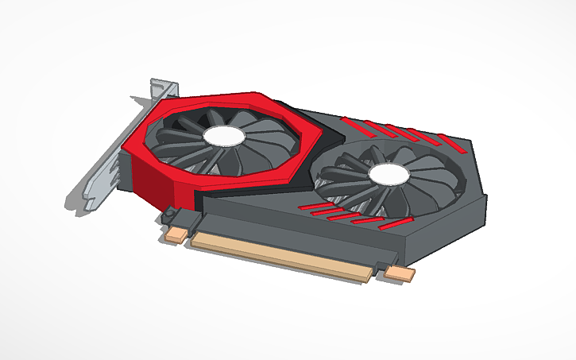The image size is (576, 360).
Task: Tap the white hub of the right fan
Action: tap(388, 176)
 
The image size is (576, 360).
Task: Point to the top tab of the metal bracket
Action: tap(163, 87)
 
